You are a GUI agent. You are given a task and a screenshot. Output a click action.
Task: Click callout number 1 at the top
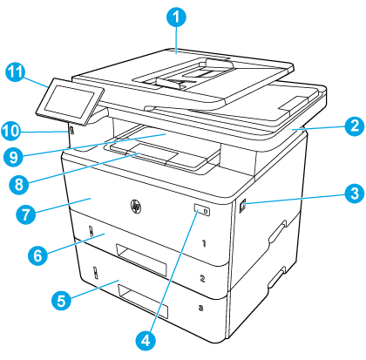click(x=177, y=16)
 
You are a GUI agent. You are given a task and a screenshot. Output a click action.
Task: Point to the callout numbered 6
click(x=37, y=256)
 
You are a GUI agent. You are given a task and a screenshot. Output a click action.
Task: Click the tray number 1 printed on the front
click(x=201, y=246)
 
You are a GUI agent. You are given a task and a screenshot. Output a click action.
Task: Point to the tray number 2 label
click(x=201, y=280)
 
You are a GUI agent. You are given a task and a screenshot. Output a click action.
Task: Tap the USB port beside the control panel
click(x=68, y=131)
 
